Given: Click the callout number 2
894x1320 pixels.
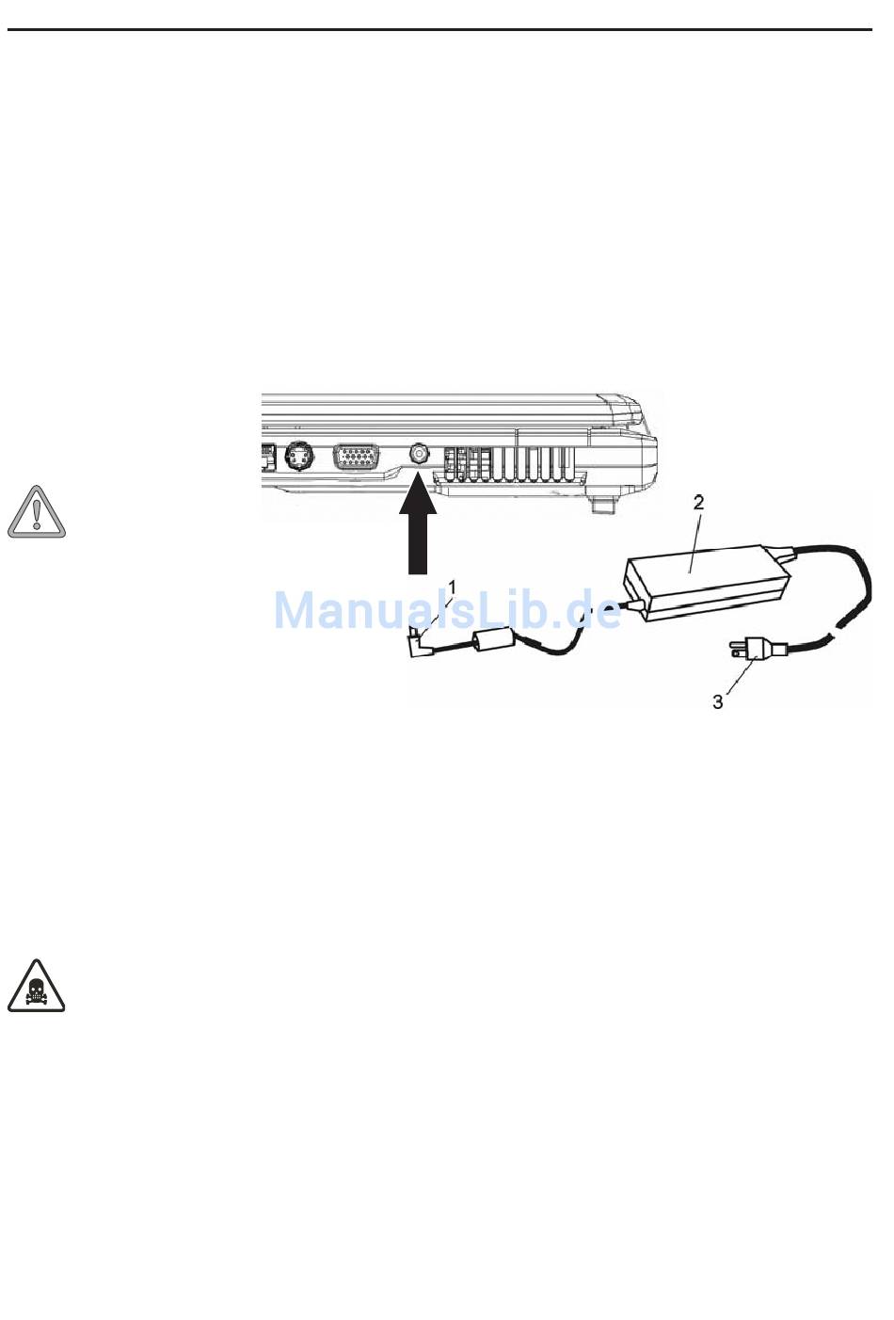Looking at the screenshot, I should click(698, 503).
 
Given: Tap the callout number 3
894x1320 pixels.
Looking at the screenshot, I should click(718, 702).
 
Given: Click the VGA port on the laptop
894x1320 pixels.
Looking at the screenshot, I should click(357, 458).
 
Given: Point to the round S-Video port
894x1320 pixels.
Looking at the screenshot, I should click(299, 458).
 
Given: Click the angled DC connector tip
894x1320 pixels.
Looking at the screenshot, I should click(419, 645).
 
